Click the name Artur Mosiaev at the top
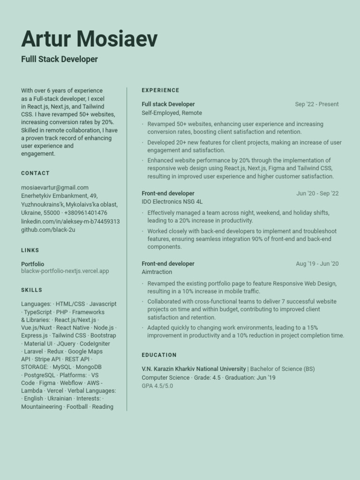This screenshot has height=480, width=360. pos(90,38)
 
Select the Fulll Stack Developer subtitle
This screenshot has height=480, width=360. pos(60,59)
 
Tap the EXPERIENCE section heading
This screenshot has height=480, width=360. pos(160,90)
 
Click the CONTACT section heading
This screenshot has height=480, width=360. pos(35,173)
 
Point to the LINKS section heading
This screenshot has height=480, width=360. pos(30,250)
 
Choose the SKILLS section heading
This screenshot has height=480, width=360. pos(31,290)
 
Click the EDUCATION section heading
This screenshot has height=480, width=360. pos(159,355)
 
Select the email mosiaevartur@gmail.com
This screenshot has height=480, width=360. pos(55,187)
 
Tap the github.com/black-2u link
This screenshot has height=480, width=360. pos(48,230)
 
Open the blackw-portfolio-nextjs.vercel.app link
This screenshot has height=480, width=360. pos(65,271)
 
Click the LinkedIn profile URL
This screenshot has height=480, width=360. pos(70,221)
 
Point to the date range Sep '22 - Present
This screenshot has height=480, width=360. pos(316,105)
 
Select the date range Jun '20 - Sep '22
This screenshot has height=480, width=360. pos(317,194)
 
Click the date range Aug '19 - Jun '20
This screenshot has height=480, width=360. pos(317,264)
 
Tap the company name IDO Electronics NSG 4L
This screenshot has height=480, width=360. pos(172,202)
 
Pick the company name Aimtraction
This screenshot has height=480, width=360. pos(157,272)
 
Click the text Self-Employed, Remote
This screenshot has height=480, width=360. pos(172,113)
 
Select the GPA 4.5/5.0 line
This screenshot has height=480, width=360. pos(157,386)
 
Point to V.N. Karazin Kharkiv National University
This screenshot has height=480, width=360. pos(194,369)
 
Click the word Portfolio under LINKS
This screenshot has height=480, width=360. pos(33,264)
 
